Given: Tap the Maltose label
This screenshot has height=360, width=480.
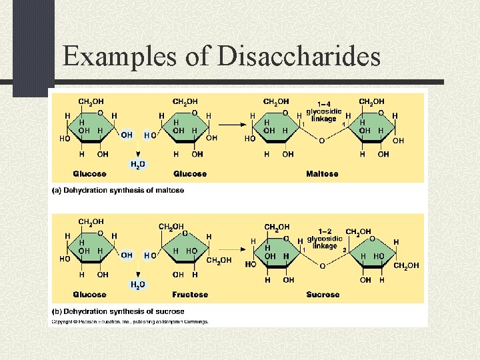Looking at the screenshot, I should pos(322,174).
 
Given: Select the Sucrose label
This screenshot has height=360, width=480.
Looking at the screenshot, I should pos(323,294).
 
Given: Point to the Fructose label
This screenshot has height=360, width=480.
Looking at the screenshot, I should pos(190,294).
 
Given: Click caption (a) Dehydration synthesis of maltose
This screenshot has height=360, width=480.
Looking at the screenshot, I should pos(118,191).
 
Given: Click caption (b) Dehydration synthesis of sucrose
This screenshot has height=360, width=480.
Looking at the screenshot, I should pos(118,311).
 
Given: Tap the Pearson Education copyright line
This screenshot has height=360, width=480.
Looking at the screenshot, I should pos(131,321).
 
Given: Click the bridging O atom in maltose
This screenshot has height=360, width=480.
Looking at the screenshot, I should pos(322,141).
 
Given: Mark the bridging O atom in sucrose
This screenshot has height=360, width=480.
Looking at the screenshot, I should pos(322,265).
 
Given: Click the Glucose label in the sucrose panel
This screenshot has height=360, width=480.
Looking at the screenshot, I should pos(90,294).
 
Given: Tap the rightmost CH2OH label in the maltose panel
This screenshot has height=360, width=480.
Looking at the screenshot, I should pos(371,102).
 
